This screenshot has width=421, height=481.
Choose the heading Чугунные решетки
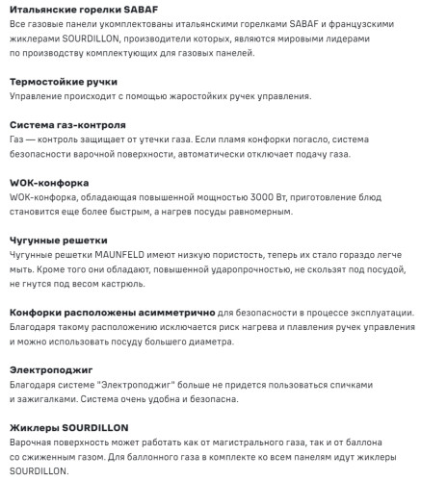[60, 240]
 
